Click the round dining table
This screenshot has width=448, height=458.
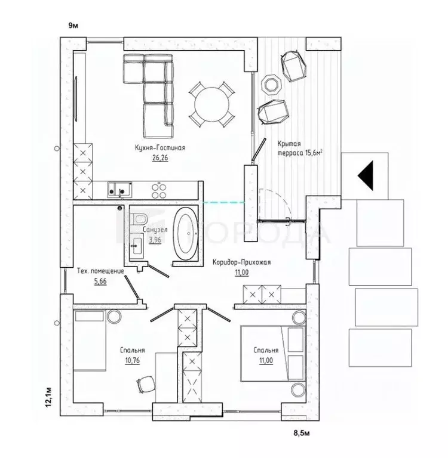click(212, 104)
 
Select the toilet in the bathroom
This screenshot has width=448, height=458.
click(139, 219)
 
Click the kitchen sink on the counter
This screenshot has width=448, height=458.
click(119, 190)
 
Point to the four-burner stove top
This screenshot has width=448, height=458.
click(159, 190)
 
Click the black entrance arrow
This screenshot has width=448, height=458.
click(366, 175)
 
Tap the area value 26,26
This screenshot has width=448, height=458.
click(160, 158)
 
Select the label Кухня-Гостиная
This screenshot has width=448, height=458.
click(160, 148)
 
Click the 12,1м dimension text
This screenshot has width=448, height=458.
click(49, 397)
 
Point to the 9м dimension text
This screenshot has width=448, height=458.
click(73, 26)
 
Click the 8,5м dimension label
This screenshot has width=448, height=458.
click(302, 433)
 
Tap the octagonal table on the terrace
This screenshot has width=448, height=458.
click(271, 85)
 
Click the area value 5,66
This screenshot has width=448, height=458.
click(100, 281)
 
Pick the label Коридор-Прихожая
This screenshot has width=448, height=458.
click(242, 262)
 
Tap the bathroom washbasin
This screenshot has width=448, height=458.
click(136, 246)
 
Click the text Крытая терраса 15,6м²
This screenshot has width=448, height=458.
click(300, 148)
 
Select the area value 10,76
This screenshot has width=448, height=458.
click(133, 360)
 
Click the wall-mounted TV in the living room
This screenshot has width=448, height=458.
click(76, 98)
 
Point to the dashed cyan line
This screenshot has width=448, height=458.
click(224, 202)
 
